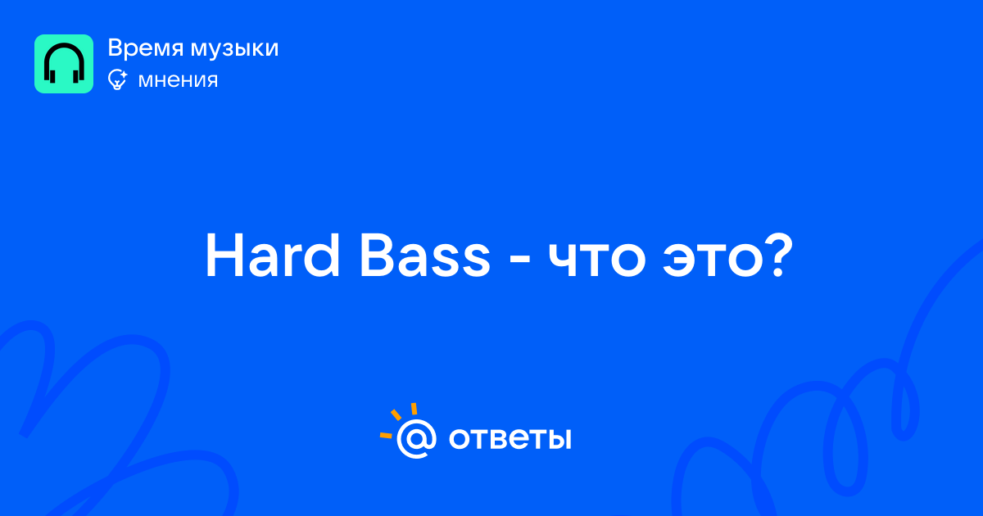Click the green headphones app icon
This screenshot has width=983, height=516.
point(64,64)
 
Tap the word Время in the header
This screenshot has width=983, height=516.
point(145,48)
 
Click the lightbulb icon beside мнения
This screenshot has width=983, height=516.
point(117,79)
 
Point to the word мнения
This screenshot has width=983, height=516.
point(178,80)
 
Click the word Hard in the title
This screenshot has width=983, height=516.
point(272,256)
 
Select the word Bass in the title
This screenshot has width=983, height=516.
point(425,256)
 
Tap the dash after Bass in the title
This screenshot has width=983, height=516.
point(519,262)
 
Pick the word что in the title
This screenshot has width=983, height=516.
point(597,262)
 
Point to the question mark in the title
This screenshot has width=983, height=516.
point(780,256)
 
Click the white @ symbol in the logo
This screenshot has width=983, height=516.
point(416,438)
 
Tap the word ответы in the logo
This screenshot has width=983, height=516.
point(510,438)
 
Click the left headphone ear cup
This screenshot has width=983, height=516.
point(52,75)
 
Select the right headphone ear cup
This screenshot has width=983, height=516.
point(76,75)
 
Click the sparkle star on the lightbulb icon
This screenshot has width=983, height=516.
point(124,74)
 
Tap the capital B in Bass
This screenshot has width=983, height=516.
point(377,256)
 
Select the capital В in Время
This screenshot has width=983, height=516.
point(116,48)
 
